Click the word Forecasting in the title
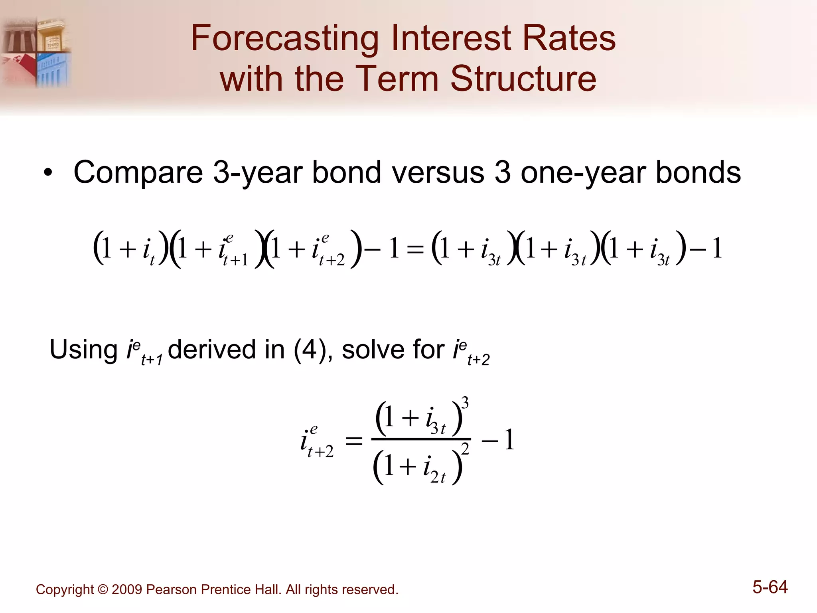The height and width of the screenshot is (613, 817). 284,39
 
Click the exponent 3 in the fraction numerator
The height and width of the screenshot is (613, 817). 465,402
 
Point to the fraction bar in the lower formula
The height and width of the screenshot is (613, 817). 421,439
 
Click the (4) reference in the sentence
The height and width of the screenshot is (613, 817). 310,350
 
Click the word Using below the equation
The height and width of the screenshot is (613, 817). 83,350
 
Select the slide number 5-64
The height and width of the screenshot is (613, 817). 770,587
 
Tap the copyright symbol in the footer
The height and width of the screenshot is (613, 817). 103,590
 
